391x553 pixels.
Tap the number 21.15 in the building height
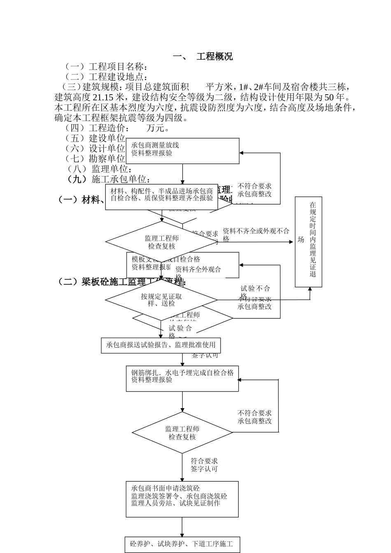[103, 98]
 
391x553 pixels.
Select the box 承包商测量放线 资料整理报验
[182, 151]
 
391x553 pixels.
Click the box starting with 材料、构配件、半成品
[161, 197]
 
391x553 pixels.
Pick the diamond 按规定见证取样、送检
[161, 300]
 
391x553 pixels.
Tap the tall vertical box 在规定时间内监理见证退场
[309, 242]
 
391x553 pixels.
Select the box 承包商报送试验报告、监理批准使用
[161, 345]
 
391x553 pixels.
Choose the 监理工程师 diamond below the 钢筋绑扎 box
[182, 433]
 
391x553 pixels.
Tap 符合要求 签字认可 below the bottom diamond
[204, 465]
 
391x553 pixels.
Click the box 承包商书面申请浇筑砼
[182, 499]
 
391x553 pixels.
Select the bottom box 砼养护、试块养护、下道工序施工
[182, 544]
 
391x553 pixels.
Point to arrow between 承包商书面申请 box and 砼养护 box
[182, 527]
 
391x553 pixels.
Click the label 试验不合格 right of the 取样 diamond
[255, 291]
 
